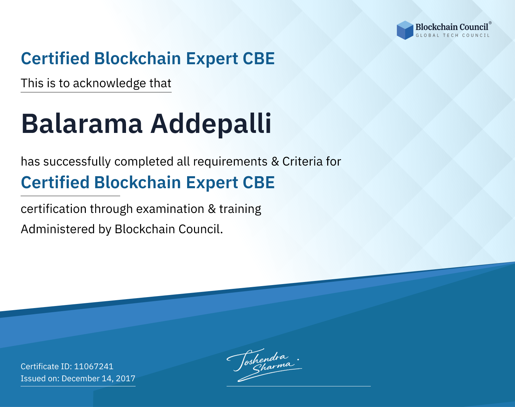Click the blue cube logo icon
click(405, 30)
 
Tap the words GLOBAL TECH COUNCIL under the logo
click(453, 35)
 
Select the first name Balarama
click(82, 124)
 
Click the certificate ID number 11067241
click(94, 366)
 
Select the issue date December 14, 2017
click(98, 378)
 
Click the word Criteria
click(302, 161)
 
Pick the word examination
click(170, 209)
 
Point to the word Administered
click(58, 229)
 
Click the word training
click(240, 209)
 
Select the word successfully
click(77, 162)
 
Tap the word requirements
click(230, 162)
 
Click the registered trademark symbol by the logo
click(490, 23)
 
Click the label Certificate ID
click(46, 366)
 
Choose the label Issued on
click(40, 378)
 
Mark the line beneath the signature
click(298, 386)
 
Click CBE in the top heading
click(259, 58)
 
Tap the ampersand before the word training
click(211, 209)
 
